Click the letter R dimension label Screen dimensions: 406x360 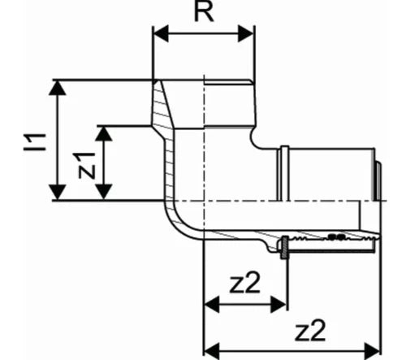point(204,12)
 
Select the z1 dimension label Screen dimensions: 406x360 point(87,166)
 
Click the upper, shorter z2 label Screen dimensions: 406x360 point(244,284)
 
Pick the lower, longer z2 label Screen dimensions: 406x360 point(310,331)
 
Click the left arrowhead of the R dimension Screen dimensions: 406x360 point(161,33)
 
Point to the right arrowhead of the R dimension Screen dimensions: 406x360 point(246,33)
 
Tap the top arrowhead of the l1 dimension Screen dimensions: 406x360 point(57,88)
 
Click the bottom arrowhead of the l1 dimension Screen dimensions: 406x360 point(57,192)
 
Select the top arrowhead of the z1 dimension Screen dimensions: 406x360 point(104,133)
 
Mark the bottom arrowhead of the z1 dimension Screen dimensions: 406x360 point(104,192)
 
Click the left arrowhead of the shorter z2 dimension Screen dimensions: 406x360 point(212,305)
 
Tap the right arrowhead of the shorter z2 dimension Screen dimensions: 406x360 point(279,305)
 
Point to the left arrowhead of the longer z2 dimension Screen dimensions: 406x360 point(212,351)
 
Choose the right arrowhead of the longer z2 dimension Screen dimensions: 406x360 point(373,351)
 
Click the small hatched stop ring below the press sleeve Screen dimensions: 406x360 point(284,248)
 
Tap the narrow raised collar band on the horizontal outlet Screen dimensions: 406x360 point(284,173)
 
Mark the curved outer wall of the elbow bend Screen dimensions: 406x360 point(176,228)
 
